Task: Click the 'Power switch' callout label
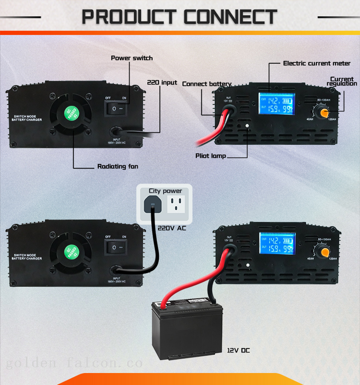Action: [x=132, y=58]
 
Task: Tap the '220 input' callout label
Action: [x=162, y=82]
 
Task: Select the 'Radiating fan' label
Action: [x=118, y=166]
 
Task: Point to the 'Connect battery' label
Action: [x=206, y=84]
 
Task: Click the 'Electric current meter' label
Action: [x=317, y=63]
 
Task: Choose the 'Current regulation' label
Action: [x=342, y=82]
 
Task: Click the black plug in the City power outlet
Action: [x=152, y=206]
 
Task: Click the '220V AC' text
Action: [x=171, y=228]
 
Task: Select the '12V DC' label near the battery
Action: [x=239, y=350]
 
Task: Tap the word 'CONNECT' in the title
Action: [x=230, y=17]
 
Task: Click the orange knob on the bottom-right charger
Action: [x=324, y=251]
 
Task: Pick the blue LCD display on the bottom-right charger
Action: [x=277, y=244]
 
